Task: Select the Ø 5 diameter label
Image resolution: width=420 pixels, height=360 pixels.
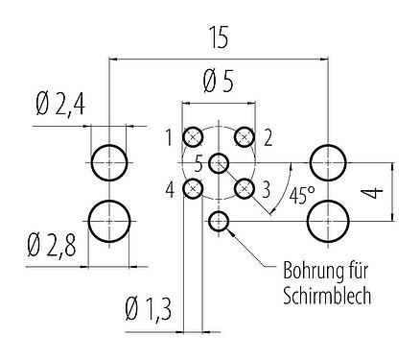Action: pyautogui.click(x=218, y=84)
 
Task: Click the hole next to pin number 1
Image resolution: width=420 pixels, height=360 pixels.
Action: pyautogui.click(x=194, y=136)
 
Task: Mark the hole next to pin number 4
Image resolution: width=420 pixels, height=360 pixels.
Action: pyautogui.click(x=194, y=188)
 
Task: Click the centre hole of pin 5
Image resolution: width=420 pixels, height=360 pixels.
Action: pyautogui.click(x=220, y=162)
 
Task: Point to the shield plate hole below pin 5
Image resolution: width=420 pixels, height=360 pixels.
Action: pyautogui.click(x=220, y=223)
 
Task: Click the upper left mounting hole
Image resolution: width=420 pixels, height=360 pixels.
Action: pyautogui.click(x=109, y=162)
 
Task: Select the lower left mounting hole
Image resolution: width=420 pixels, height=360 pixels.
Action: pyautogui.click(x=109, y=223)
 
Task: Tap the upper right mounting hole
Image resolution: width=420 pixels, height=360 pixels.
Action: pyautogui.click(x=328, y=162)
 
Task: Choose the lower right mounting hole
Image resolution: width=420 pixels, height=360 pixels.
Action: pyautogui.click(x=328, y=223)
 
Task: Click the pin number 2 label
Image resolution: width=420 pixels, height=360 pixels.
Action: pyautogui.click(x=268, y=136)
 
